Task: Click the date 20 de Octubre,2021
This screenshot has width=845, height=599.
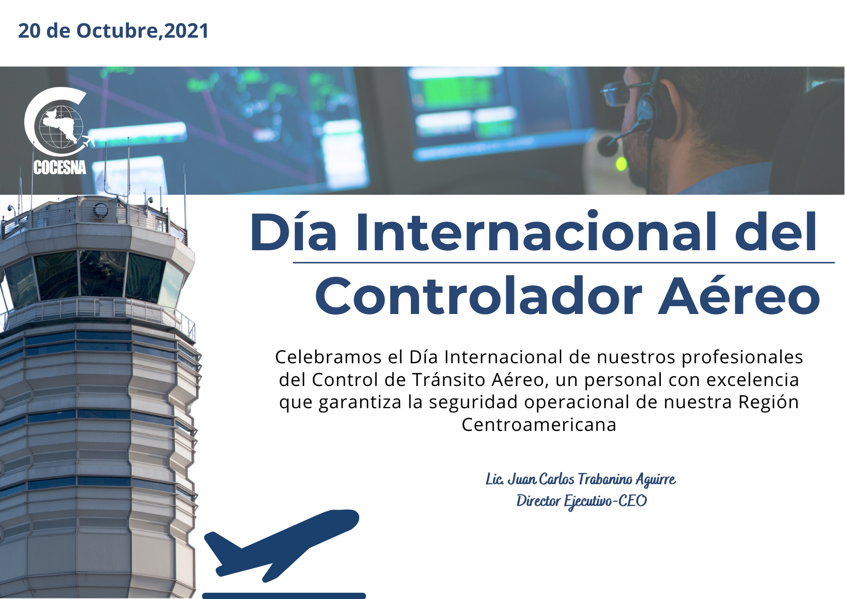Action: [114, 30]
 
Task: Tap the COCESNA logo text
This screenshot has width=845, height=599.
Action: [60, 167]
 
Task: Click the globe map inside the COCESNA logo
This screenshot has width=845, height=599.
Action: [60, 125]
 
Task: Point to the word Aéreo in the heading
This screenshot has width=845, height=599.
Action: [739, 295]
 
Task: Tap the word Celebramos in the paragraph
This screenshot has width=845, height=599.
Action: [328, 357]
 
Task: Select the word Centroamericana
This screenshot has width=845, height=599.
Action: [539, 425]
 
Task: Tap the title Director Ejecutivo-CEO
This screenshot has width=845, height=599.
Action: [582, 501]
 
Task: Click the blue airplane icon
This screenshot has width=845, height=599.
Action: [281, 544]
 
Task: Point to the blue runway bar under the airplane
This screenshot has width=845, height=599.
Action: [284, 596]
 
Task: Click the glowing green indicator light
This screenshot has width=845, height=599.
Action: [621, 164]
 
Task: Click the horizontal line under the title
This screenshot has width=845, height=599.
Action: [564, 263]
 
